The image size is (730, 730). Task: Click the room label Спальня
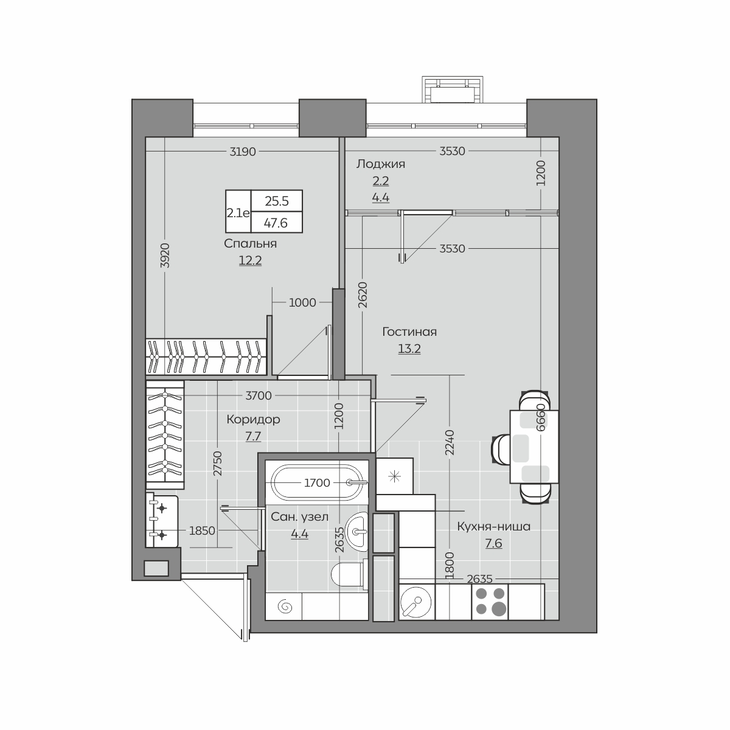[250, 243]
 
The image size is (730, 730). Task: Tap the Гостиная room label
[409, 332]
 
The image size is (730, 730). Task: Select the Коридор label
[253, 419]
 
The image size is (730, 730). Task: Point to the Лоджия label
[380, 164]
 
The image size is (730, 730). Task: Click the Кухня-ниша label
[493, 527]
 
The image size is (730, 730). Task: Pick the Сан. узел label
[299, 516]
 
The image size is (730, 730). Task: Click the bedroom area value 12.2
[250, 260]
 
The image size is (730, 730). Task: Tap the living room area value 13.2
[409, 349]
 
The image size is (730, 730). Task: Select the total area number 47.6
[276, 223]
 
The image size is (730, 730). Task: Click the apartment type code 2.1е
[238, 214]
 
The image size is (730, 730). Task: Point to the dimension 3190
[243, 151]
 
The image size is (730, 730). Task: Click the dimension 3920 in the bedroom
[165, 255]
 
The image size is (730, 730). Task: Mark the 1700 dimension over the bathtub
[317, 482]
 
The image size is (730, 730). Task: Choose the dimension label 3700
[259, 395]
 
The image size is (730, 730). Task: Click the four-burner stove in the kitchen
[490, 602]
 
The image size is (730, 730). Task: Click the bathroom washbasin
[357, 532]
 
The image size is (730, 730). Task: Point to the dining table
[534, 447]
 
